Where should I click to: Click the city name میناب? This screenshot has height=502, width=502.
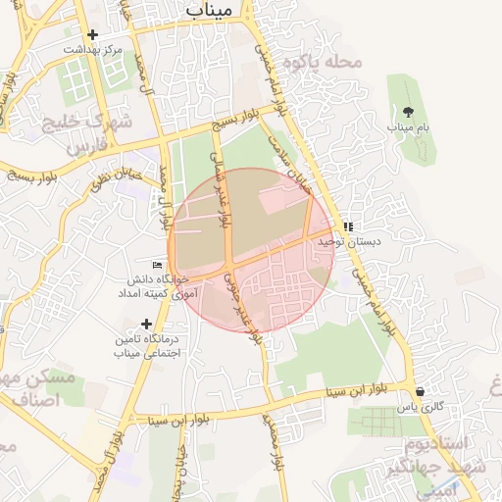[x=209, y=10]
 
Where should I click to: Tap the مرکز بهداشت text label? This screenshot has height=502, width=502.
[x=93, y=48]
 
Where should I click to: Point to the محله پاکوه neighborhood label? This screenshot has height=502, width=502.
[x=323, y=62]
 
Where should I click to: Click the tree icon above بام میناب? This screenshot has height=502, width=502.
[x=408, y=112]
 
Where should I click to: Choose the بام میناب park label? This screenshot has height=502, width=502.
[x=408, y=127]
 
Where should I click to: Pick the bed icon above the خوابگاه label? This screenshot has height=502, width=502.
[x=158, y=265]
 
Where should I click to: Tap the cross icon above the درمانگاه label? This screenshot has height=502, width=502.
[x=147, y=324]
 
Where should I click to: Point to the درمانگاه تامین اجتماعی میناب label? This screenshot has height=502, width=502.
[x=148, y=345]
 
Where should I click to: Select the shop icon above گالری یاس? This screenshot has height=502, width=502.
[x=421, y=391]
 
